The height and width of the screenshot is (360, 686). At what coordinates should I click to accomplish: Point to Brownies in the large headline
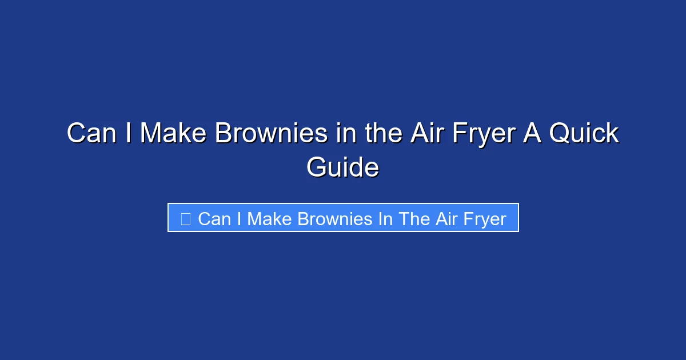pyautogui.click(x=271, y=134)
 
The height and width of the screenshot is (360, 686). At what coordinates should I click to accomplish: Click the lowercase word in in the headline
pyautogui.click(x=344, y=134)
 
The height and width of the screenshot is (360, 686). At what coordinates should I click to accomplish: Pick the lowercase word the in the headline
pyautogui.click(x=381, y=134)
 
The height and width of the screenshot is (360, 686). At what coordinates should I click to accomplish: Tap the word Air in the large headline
pyautogui.click(x=429, y=134)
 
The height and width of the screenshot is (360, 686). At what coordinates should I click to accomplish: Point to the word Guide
pyautogui.click(x=342, y=168)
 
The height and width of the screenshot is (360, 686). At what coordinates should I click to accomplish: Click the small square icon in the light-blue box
pyautogui.click(x=185, y=218)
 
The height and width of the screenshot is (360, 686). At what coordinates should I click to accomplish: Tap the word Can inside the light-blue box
pyautogui.click(x=214, y=218)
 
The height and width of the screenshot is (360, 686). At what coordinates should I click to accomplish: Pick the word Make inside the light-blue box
pyautogui.click(x=269, y=218)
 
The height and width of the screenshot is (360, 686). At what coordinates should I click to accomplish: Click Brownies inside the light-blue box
pyautogui.click(x=333, y=218)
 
